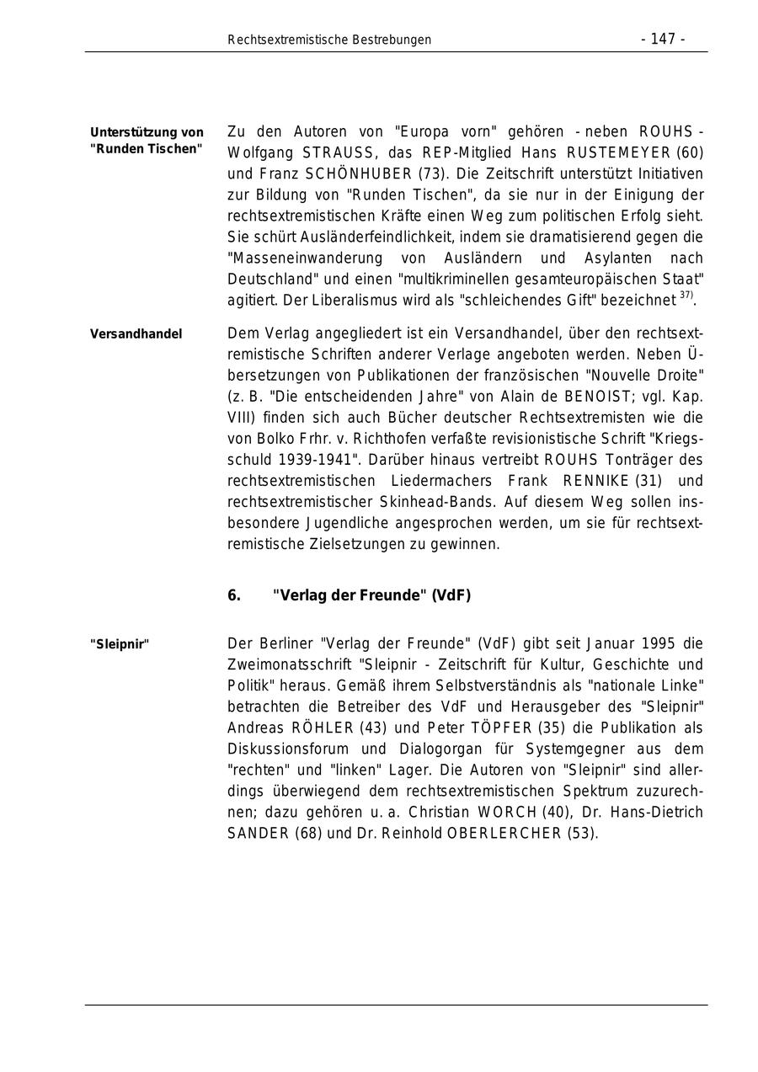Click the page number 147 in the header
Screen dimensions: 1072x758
(663, 40)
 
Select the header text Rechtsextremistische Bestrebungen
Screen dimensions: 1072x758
(329, 40)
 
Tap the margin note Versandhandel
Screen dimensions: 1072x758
(136, 334)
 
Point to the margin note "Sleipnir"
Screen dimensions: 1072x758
(120, 644)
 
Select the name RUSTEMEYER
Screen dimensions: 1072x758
(619, 153)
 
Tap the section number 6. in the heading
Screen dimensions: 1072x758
(234, 596)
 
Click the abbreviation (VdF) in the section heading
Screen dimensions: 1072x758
(451, 596)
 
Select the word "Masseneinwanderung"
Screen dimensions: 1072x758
(299, 259)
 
